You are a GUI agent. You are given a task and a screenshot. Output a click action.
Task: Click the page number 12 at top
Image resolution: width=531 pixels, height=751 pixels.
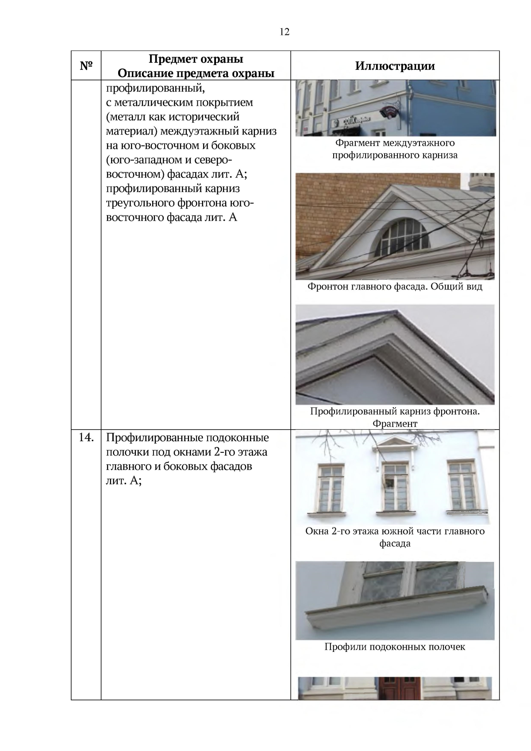click(x=285, y=32)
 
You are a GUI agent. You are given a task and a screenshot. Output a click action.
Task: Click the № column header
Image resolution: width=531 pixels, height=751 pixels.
click(x=86, y=66)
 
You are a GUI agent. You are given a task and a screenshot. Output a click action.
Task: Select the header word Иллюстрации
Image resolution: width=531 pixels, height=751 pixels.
click(x=395, y=66)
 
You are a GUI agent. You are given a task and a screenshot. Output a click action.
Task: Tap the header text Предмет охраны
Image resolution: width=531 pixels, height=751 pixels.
click(x=196, y=59)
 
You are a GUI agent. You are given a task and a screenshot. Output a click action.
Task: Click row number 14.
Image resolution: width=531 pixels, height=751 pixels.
click(x=86, y=438)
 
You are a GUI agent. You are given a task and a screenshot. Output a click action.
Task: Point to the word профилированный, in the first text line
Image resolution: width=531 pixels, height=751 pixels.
click(x=155, y=88)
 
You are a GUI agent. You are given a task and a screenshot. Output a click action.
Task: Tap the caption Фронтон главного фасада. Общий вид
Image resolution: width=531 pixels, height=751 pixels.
click(x=395, y=287)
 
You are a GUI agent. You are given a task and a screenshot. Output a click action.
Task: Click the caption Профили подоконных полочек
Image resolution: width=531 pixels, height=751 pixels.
click(x=395, y=647)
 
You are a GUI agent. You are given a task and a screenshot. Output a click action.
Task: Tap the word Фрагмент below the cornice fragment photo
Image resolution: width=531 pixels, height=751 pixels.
click(x=395, y=424)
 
